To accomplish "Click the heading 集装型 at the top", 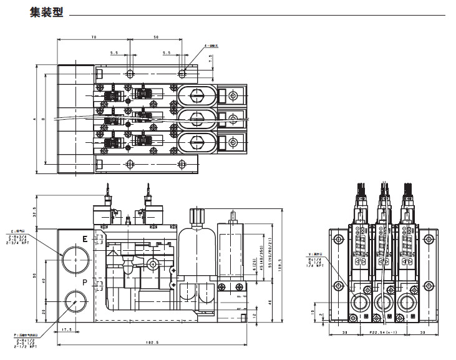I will tap(46, 12).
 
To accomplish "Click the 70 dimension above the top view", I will tap(94, 37).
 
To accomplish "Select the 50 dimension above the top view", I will tap(155, 37).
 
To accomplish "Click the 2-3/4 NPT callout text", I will tap(19, 245).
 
